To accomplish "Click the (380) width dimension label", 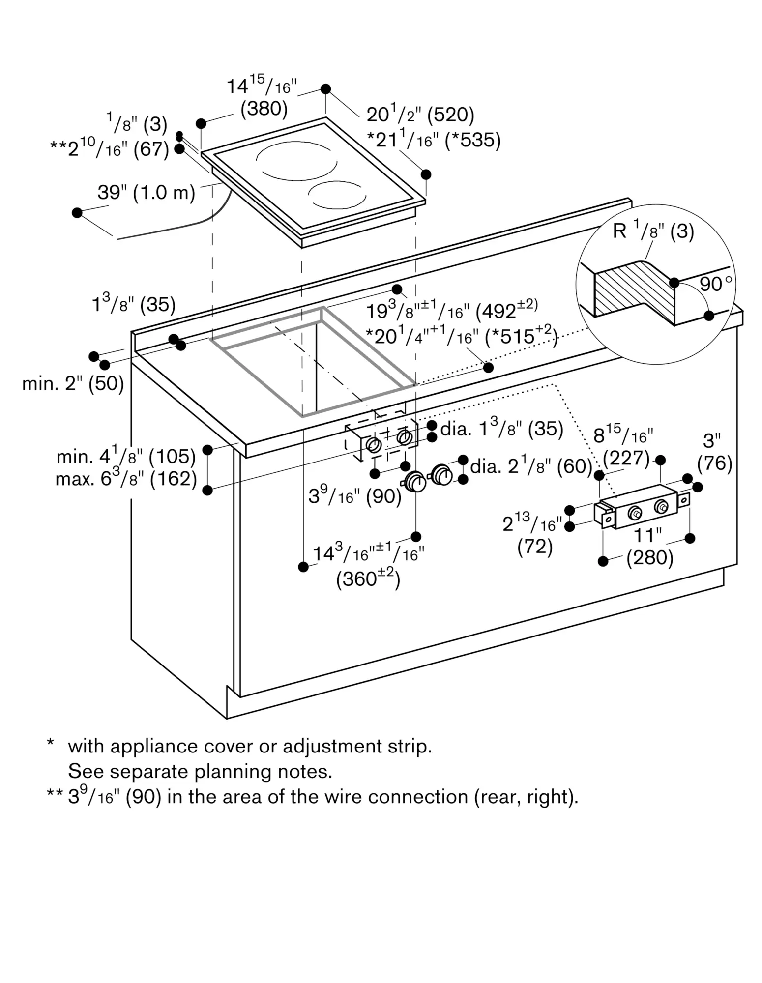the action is pos(264,109).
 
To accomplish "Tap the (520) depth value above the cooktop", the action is pos(451,115).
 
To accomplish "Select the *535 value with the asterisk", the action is pos(473,140).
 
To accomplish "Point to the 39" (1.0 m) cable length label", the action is pos(146,192).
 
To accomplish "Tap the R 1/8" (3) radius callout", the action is pos(653,230).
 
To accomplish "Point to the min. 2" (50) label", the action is pos(73,383).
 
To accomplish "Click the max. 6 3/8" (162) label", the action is pos(126,478).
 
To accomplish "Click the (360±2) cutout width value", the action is pos(368,579).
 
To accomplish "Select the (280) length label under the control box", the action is pos(649,558).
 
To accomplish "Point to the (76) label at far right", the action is pos(715,463).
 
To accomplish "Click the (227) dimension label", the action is pos(626,458).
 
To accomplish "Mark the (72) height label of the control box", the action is pos(535,546).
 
